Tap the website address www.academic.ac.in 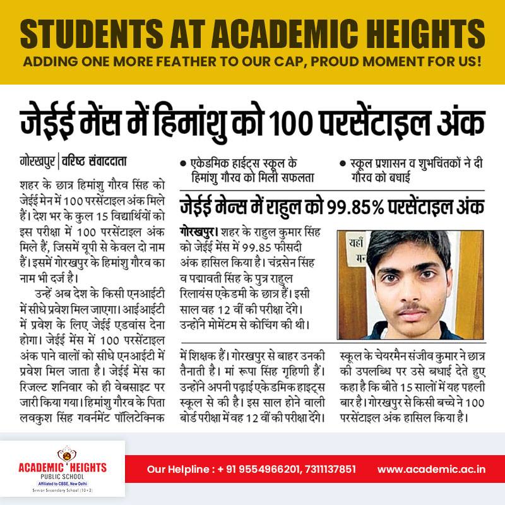[432, 469]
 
